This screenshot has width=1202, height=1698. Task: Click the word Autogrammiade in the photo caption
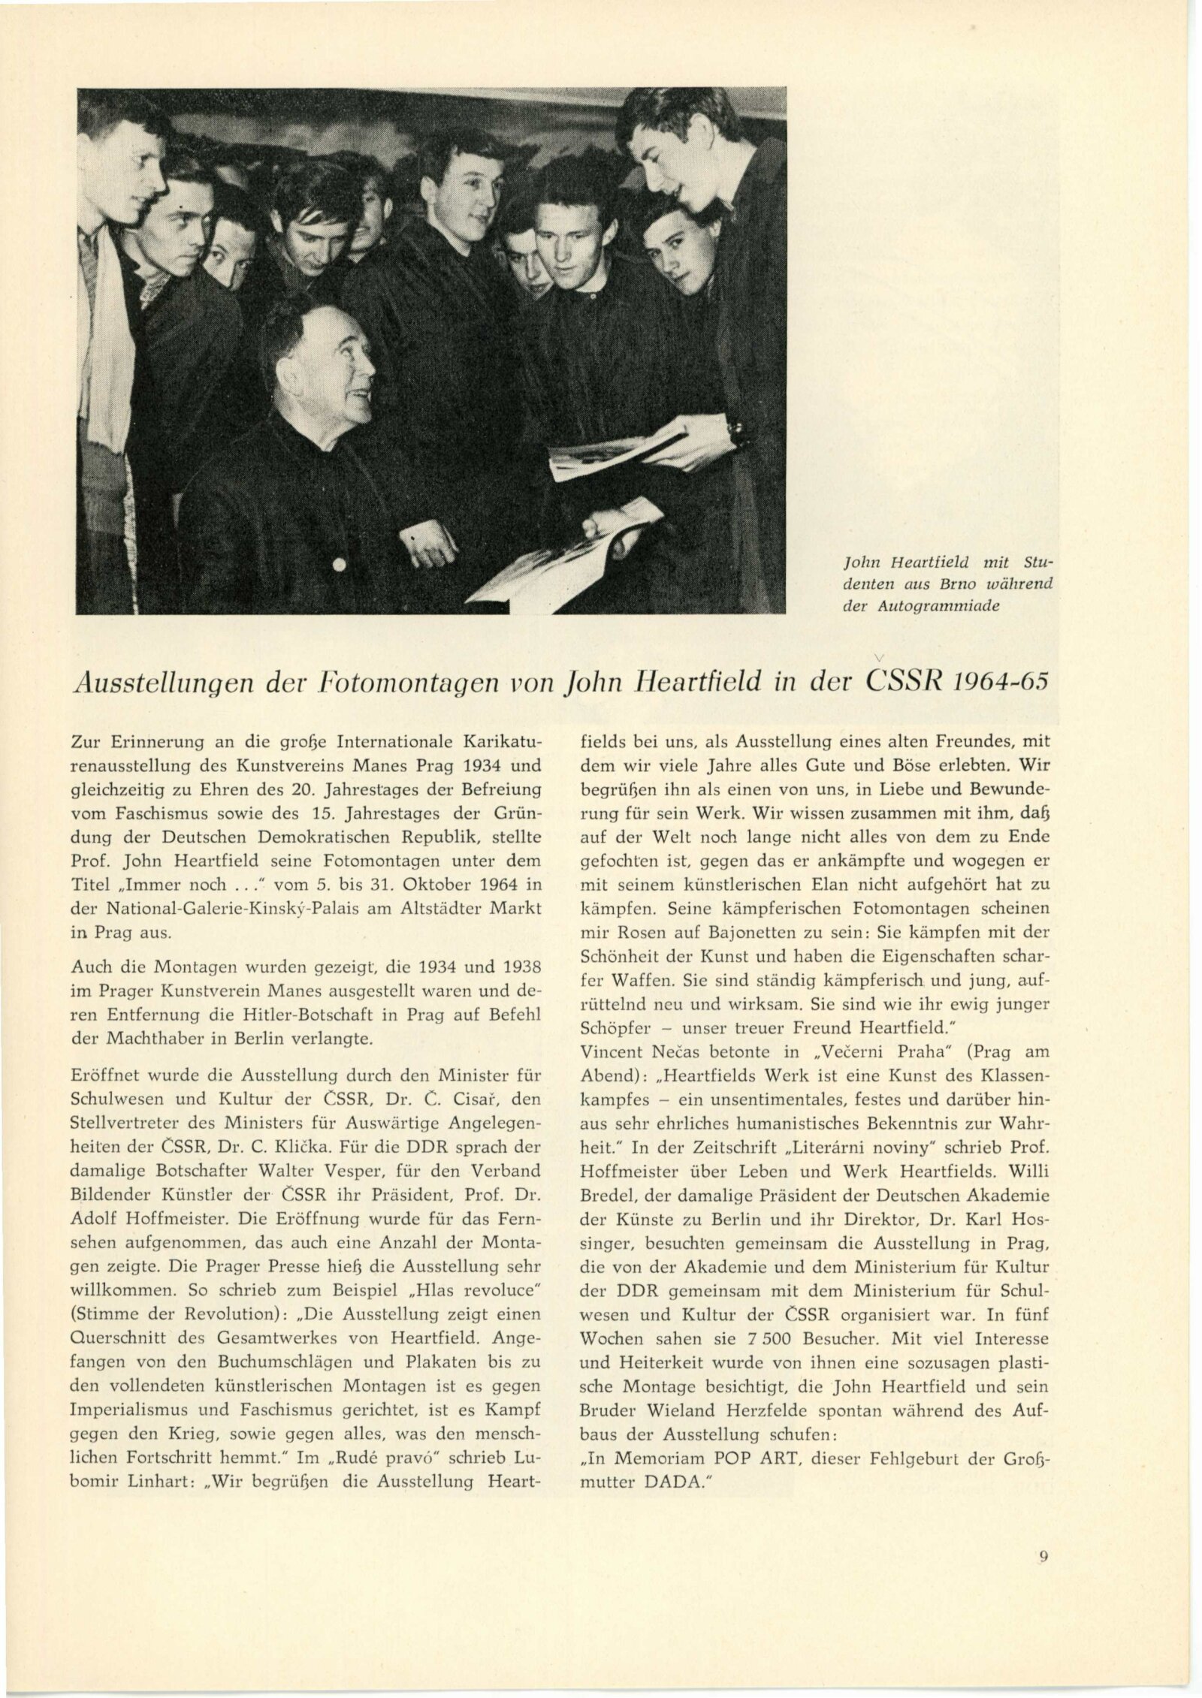[x=963, y=607]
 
